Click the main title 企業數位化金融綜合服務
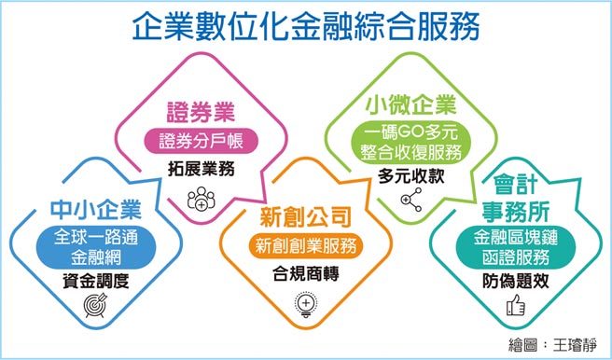point(306,24)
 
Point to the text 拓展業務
point(201,170)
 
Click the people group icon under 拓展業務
point(201,198)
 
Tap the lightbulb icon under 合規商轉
point(306,303)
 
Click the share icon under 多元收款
point(411,200)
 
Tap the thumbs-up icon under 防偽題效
point(511,305)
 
